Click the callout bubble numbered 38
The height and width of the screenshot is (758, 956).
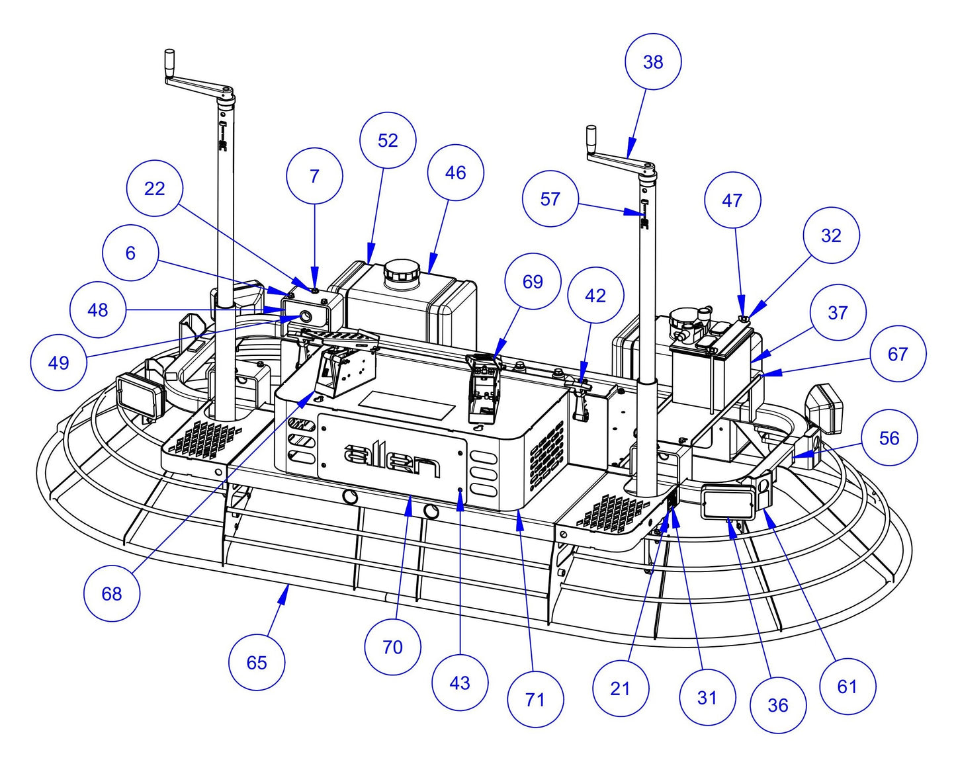click(x=652, y=62)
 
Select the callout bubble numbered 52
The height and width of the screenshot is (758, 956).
click(x=388, y=140)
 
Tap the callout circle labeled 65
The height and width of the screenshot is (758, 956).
click(x=257, y=663)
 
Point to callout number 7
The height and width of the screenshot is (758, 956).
click(x=314, y=176)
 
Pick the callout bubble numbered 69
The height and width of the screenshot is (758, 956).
click(x=533, y=282)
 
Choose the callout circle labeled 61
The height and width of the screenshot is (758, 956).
click(x=847, y=687)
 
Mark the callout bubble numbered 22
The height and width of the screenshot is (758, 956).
click(x=154, y=189)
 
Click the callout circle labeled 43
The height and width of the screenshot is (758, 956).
click(x=459, y=683)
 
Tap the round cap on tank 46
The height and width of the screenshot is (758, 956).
click(x=402, y=271)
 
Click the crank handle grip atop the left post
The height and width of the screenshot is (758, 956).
click(x=169, y=58)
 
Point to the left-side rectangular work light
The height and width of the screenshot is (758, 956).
click(x=140, y=396)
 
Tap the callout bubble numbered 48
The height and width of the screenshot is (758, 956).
click(x=98, y=310)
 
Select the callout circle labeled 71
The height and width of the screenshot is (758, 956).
click(x=535, y=699)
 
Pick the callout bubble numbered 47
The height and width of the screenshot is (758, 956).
click(x=732, y=200)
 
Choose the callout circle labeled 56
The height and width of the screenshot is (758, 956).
click(x=889, y=438)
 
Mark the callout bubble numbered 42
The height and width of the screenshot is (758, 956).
click(x=595, y=296)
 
